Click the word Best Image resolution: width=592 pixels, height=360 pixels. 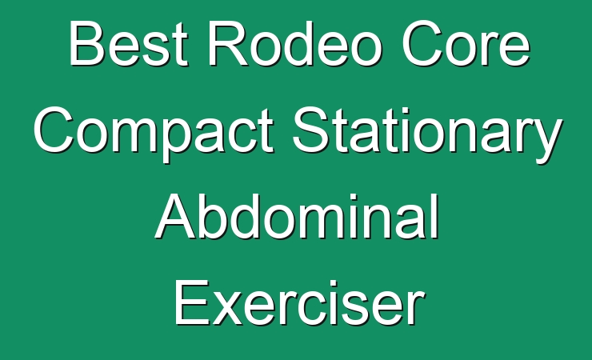tap(128, 43)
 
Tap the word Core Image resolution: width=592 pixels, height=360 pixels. tap(466, 43)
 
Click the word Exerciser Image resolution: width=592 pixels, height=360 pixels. tap(299, 302)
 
